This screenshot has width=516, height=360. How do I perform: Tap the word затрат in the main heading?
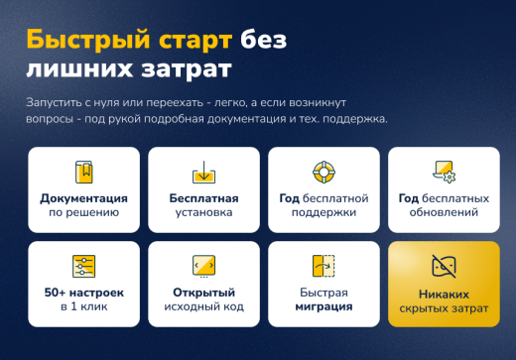point(188,70)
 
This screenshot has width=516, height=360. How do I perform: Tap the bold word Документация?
point(84,197)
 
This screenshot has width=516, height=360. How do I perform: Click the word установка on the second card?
point(203,212)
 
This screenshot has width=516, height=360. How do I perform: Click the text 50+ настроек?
point(84,293)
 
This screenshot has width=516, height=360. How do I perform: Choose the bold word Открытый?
point(203,293)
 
